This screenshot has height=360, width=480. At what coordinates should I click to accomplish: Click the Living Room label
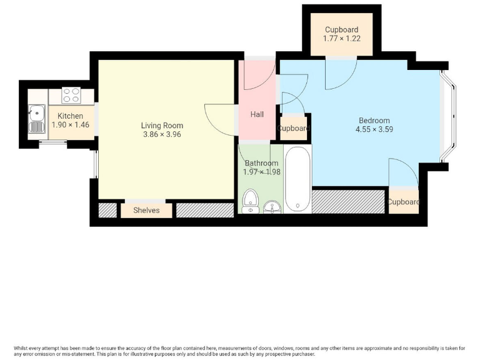162,126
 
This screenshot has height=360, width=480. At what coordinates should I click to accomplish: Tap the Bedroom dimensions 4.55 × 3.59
374,129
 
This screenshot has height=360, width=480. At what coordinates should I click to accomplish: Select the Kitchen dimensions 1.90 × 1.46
70,125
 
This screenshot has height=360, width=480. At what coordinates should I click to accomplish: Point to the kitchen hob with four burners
71,96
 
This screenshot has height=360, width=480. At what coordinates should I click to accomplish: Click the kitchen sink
36,119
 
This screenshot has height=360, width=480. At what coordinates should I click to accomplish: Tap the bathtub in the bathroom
297,179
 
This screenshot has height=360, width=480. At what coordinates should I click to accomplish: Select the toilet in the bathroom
251,201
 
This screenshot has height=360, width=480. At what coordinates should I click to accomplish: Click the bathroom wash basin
272,207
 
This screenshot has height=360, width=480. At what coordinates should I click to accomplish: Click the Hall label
257,114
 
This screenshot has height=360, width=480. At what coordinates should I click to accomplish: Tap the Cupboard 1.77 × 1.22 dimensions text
341,39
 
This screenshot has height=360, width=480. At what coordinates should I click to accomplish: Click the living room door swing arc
216,118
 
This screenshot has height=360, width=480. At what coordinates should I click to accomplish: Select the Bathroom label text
261,163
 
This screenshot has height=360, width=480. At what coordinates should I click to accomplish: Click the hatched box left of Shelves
107,210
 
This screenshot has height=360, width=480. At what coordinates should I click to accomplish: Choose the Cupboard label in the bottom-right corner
403,202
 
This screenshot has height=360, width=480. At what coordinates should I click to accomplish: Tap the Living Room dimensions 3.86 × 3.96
162,134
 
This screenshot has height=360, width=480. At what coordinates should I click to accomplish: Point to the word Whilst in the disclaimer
23,348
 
